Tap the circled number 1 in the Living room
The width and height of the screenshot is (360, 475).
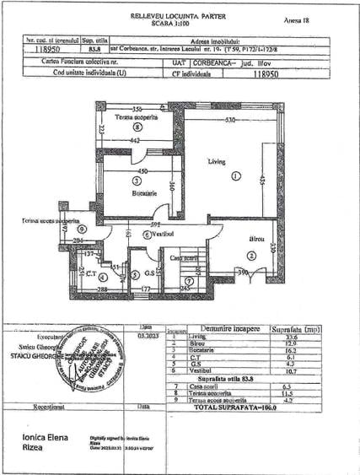pyautogui.click(x=237, y=175)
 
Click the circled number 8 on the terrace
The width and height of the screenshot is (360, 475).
pyautogui.click(x=137, y=127)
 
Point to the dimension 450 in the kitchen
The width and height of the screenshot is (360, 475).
pyautogui.click(x=143, y=171)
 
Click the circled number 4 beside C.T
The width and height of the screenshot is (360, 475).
pyautogui.click(x=102, y=276)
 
